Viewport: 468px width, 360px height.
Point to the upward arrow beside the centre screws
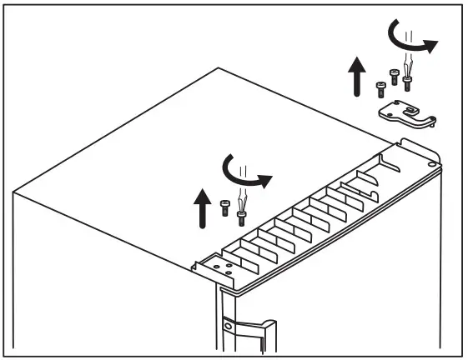pyautogui.click(x=202, y=208)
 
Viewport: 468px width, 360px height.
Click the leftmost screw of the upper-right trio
pyautogui.click(x=380, y=84)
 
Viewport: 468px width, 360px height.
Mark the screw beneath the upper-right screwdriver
pyautogui.click(x=407, y=82)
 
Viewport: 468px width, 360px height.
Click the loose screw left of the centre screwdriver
pyautogui.click(x=225, y=208)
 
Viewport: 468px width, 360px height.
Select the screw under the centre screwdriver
pyautogui.click(x=241, y=217)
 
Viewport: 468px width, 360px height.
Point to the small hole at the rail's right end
pyautogui.click(x=430, y=165)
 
